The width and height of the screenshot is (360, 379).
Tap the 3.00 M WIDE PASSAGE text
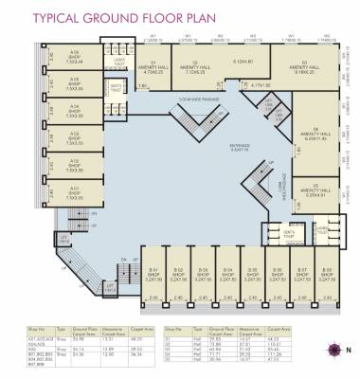click(x=174, y=99)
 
